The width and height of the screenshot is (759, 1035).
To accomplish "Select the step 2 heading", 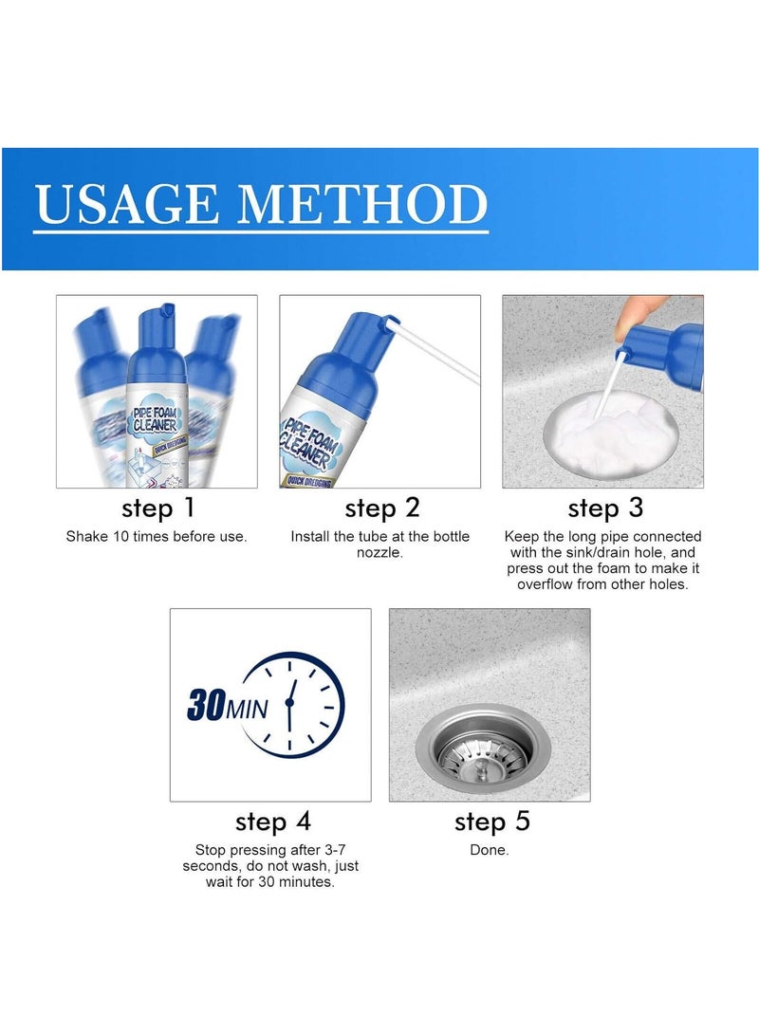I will pyautogui.click(x=381, y=508).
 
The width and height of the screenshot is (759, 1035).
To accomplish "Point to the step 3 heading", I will pyautogui.click(x=604, y=508).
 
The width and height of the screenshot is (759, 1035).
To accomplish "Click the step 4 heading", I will pyautogui.click(x=272, y=821).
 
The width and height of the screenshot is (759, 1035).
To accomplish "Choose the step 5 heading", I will pyautogui.click(x=491, y=821).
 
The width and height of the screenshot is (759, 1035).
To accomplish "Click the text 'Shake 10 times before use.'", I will pyautogui.click(x=157, y=537).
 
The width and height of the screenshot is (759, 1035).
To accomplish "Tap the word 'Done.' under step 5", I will pyautogui.click(x=490, y=850).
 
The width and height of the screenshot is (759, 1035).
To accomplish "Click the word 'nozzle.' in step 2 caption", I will pyautogui.click(x=380, y=553).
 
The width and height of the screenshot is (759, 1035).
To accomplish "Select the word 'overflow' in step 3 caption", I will pyautogui.click(x=546, y=584).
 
